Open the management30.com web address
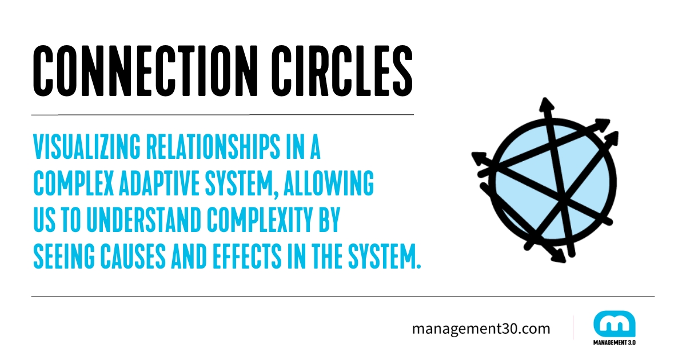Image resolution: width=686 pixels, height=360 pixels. point(481,329)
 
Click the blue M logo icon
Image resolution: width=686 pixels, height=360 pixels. point(614,323)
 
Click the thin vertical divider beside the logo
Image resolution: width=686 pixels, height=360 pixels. point(573,328)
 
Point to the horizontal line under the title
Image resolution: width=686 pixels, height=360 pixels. point(222,115)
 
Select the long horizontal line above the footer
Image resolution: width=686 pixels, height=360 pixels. point(342,297)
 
